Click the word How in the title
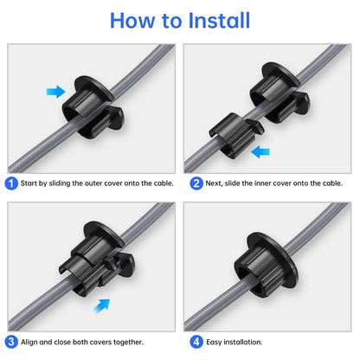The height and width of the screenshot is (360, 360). click(130, 20)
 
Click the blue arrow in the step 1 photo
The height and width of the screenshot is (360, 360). click(55, 91)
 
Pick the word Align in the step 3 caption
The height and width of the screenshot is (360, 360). click(30, 341)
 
